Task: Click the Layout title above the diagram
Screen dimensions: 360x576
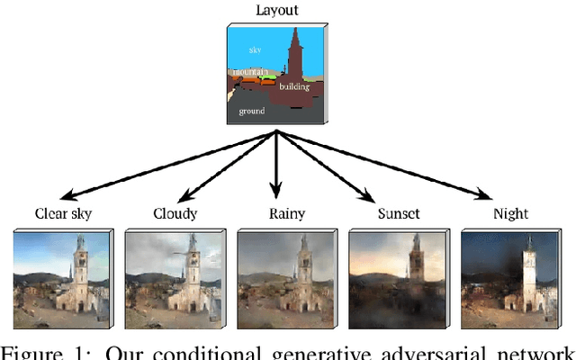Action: click(x=277, y=12)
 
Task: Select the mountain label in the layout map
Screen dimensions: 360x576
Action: click(x=248, y=71)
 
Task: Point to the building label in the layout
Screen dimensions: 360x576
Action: click(x=294, y=87)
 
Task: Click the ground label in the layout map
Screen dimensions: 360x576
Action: click(x=251, y=110)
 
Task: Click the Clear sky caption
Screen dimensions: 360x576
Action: click(x=63, y=214)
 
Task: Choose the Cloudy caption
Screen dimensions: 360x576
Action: click(x=175, y=214)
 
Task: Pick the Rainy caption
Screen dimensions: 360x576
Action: click(x=286, y=214)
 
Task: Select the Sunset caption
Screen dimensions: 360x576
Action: click(x=397, y=214)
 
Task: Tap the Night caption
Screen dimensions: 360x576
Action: click(x=509, y=214)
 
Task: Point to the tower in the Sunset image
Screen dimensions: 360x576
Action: click(x=417, y=265)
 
